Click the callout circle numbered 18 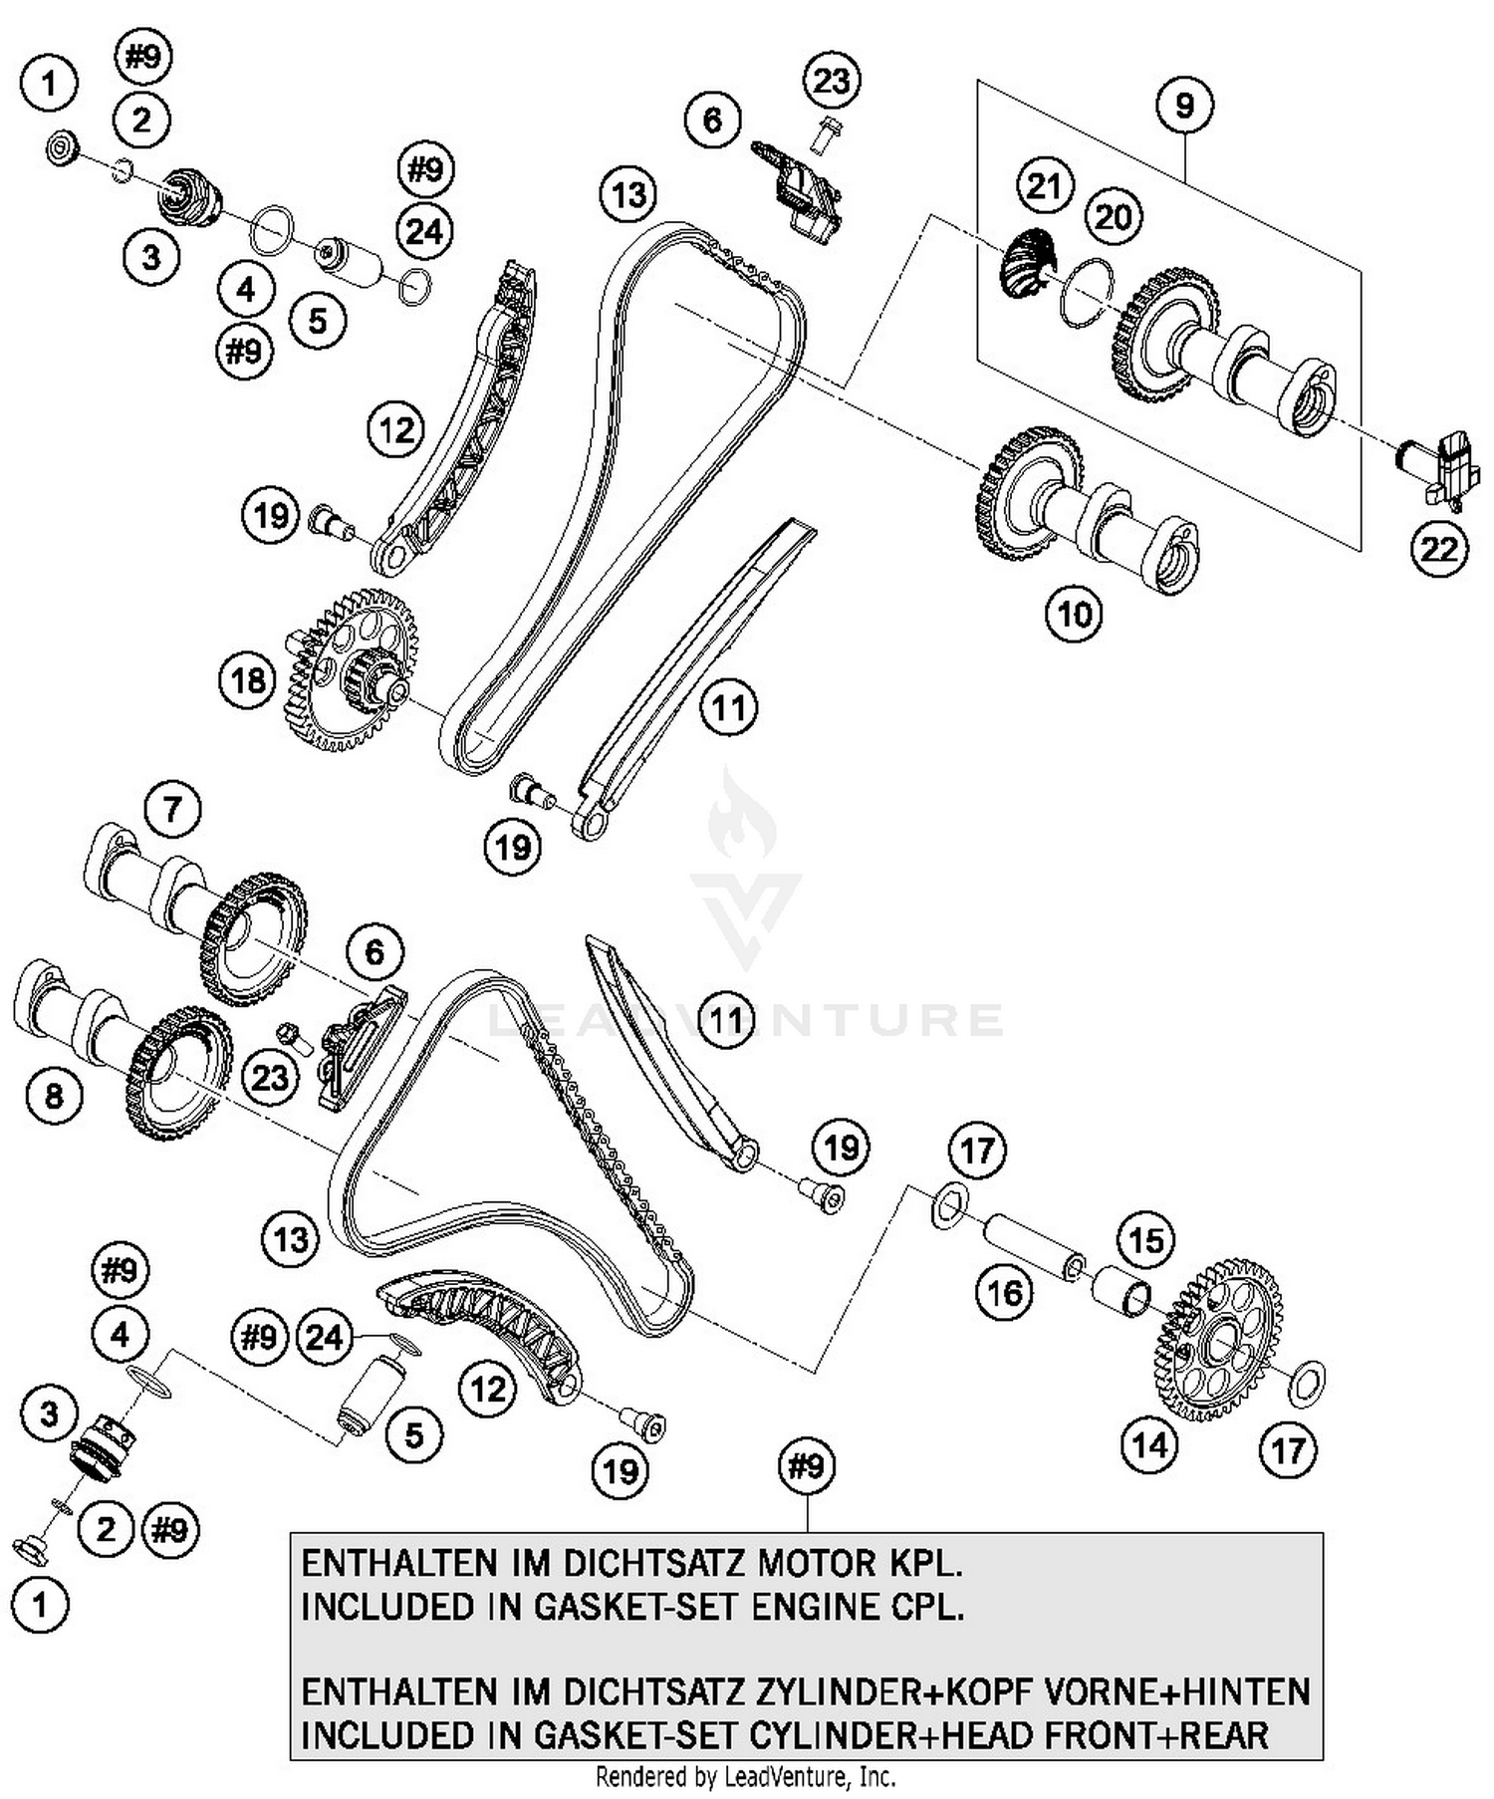pos(247,680)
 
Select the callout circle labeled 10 pos(1075,614)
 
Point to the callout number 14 pos(1149,1443)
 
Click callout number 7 pos(173,808)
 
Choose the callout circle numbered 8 pos(54,1096)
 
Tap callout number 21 pos(1045,186)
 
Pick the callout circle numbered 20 pos(1114,216)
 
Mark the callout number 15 pos(1146,1240)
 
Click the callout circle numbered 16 pos(1004,1292)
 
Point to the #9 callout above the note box pos(807,1466)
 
